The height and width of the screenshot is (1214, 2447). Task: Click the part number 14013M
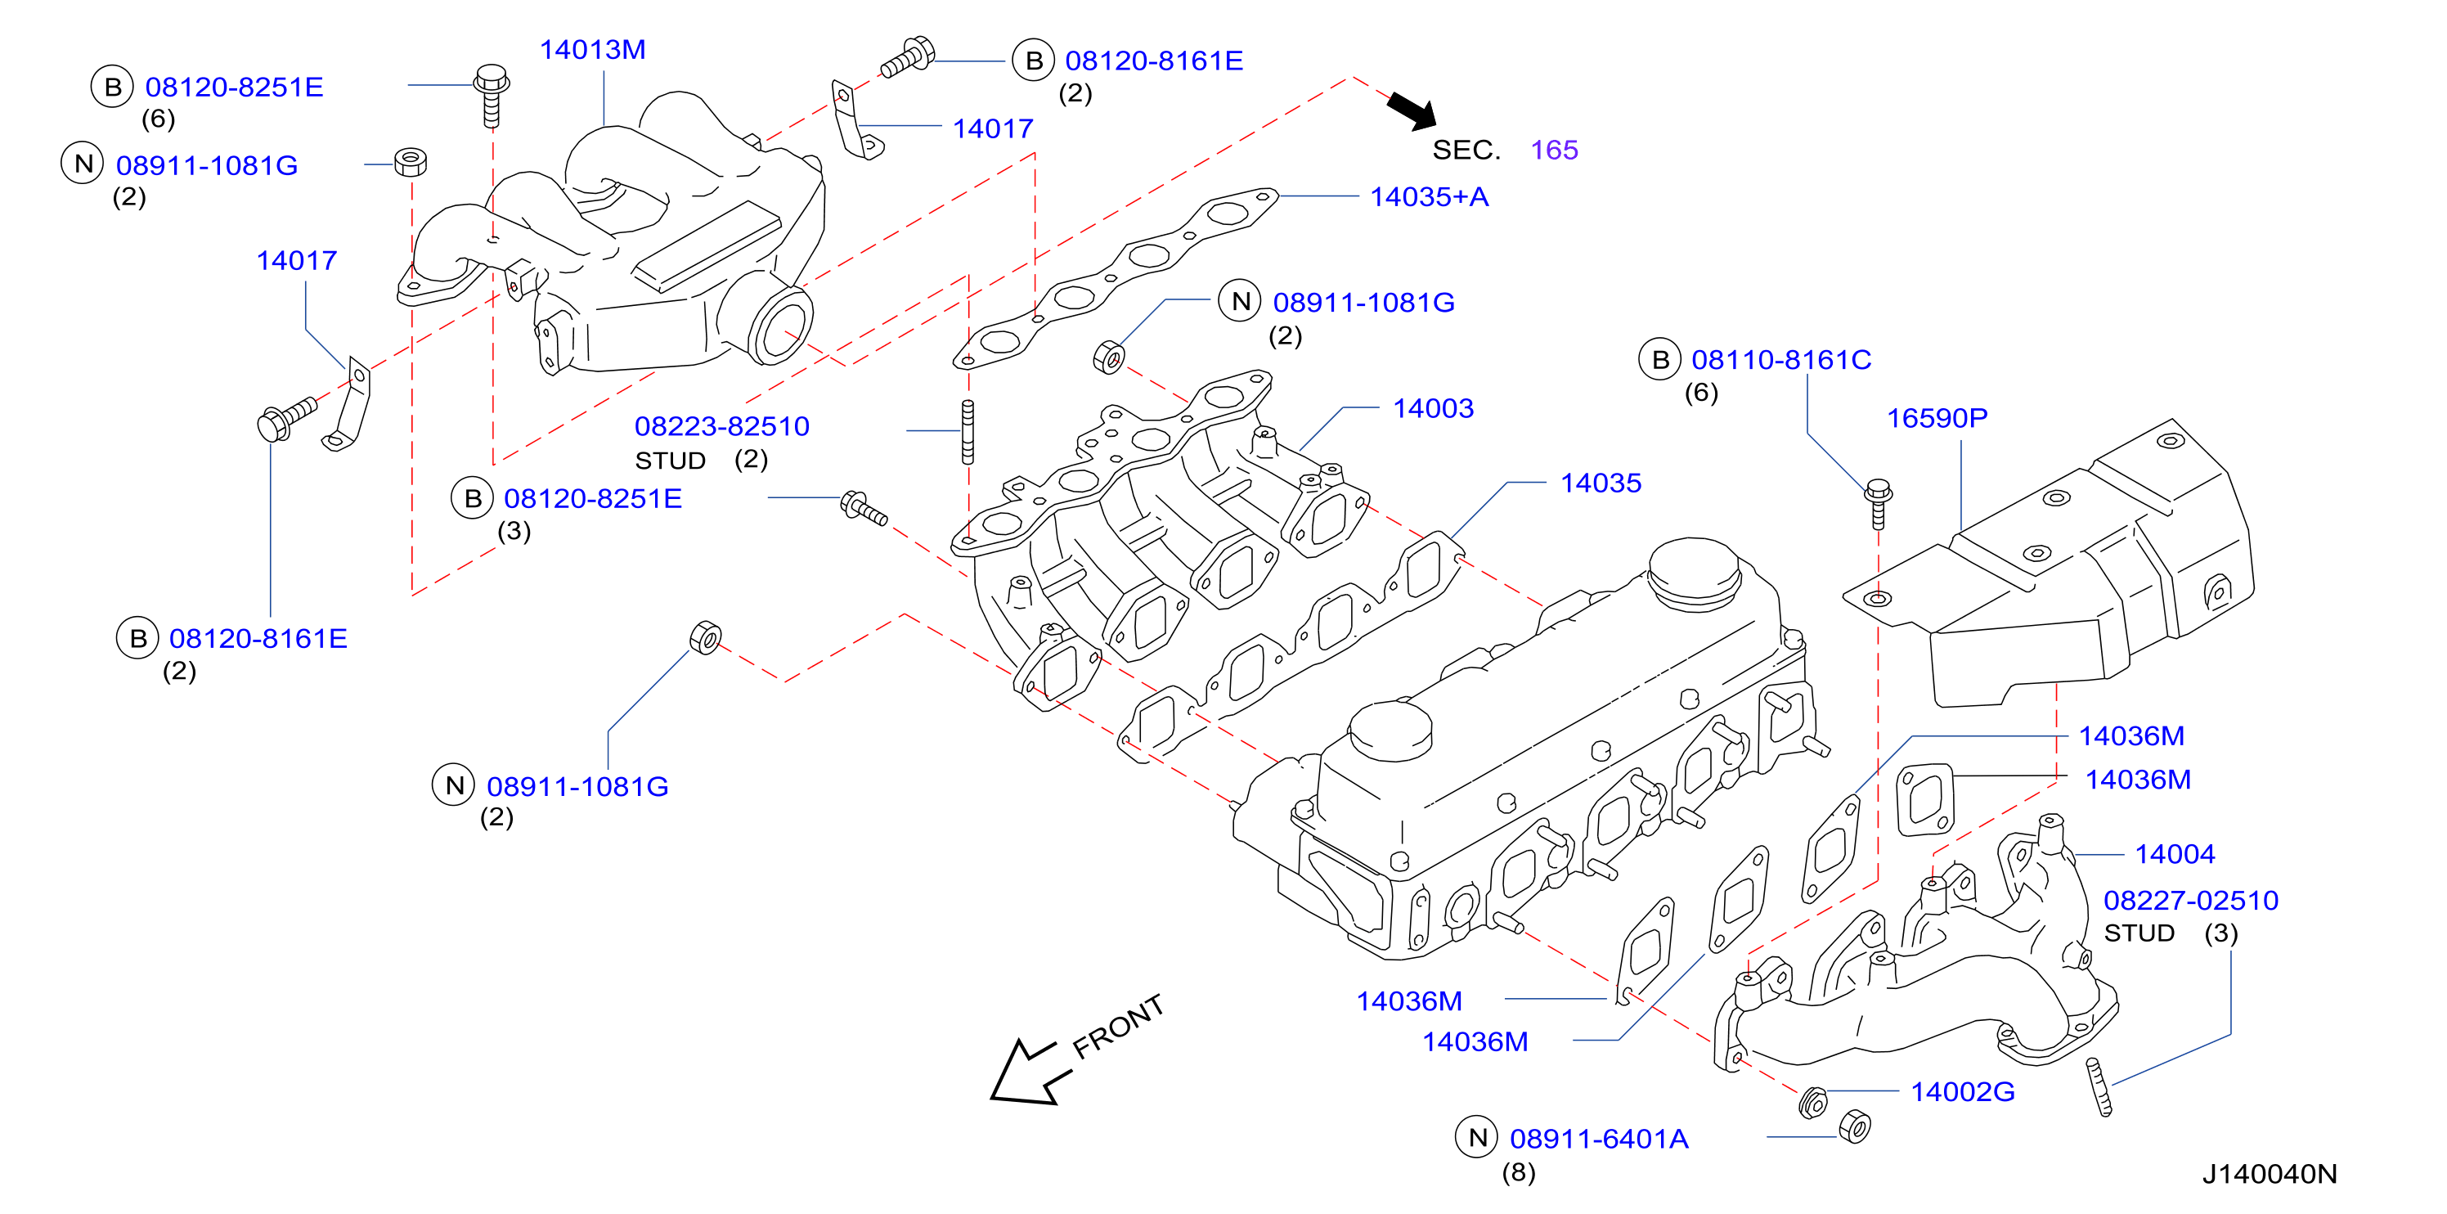(x=593, y=49)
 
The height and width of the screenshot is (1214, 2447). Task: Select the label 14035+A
(x=1430, y=196)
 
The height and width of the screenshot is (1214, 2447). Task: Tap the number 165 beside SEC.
(x=1554, y=149)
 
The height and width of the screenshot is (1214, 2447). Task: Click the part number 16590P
(x=1937, y=418)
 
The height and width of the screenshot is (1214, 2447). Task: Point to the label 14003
(x=1434, y=408)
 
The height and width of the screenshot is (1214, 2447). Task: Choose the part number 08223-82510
(x=722, y=425)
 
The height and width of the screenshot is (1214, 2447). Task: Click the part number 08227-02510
(x=2190, y=900)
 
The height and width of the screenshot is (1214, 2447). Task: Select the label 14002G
(x=1963, y=1091)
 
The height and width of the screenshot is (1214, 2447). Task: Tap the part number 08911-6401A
(x=1599, y=1138)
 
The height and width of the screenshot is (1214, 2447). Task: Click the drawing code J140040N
(x=2270, y=1174)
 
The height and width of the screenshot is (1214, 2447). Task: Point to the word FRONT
(x=1118, y=1026)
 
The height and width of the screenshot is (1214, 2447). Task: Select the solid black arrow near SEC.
(x=1412, y=110)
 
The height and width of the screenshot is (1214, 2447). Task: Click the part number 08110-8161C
(x=1781, y=360)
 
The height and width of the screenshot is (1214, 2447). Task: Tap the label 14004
(x=2175, y=854)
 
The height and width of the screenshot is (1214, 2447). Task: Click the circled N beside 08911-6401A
(x=1477, y=1137)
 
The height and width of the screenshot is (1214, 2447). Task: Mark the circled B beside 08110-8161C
(x=1659, y=359)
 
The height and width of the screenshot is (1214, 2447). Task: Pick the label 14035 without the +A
(x=1601, y=483)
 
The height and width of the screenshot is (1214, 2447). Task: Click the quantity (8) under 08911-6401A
(x=1518, y=1172)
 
